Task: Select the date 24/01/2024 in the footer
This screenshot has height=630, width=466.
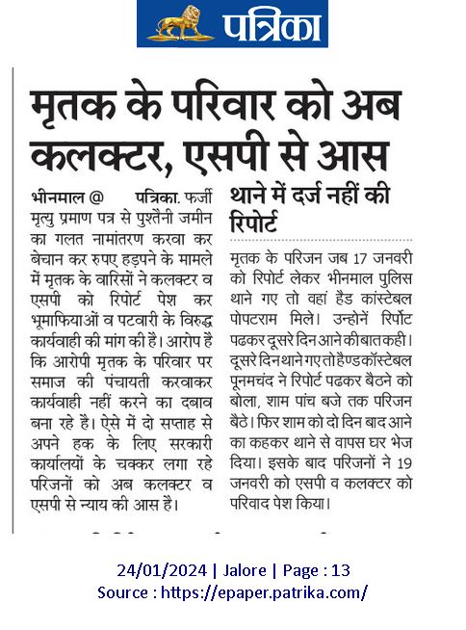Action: click(x=157, y=571)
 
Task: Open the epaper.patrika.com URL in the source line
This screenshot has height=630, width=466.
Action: click(x=275, y=592)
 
